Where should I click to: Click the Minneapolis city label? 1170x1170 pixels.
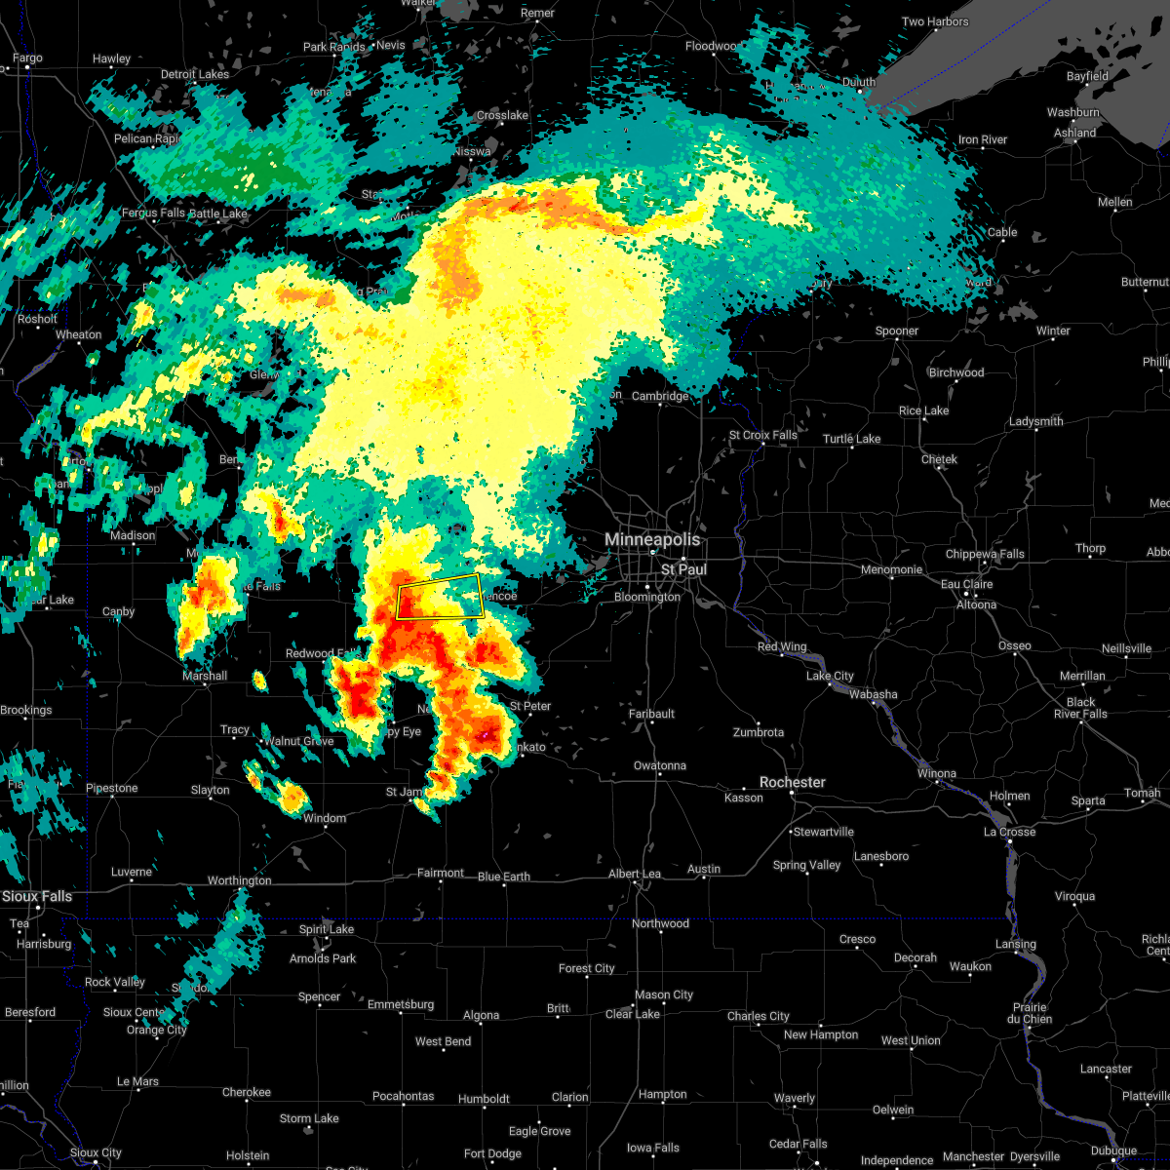pos(652,539)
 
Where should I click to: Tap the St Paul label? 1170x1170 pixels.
pos(683,569)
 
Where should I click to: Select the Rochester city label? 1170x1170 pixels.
pos(793,783)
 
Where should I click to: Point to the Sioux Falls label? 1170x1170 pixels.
pos(36,897)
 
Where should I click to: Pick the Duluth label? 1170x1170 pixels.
pos(858,83)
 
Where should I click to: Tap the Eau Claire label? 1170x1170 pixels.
pos(965,585)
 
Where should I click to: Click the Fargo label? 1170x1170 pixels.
pos(27,58)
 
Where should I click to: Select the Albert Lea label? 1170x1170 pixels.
pos(635,875)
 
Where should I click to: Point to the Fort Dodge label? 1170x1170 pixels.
pos(492,1153)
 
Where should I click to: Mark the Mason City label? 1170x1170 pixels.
pos(664,995)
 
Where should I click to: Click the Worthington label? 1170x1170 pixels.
pos(240,881)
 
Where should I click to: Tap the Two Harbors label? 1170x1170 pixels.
pos(935,22)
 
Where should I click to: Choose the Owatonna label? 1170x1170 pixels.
pos(660,766)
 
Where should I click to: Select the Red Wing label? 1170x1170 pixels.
pos(782,647)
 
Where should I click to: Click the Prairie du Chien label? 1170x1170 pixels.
pos(1031,1013)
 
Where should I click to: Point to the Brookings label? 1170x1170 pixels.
pos(26,711)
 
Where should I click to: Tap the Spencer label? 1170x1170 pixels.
pos(319,997)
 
